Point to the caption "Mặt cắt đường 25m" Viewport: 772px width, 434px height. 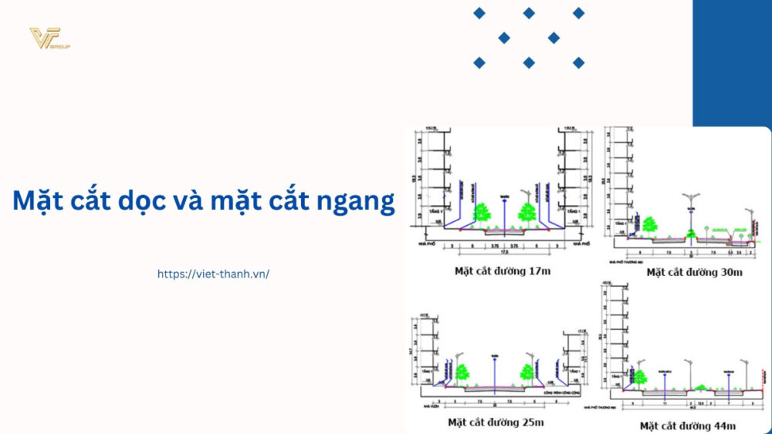click(496, 422)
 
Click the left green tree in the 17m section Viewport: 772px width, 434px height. click(482, 213)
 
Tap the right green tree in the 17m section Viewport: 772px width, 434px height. click(528, 213)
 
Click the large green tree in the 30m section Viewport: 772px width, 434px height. click(648, 225)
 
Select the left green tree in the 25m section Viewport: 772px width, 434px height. click(462, 372)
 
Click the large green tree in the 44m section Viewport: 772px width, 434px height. click(639, 375)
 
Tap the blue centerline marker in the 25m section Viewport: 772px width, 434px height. click(495, 369)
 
